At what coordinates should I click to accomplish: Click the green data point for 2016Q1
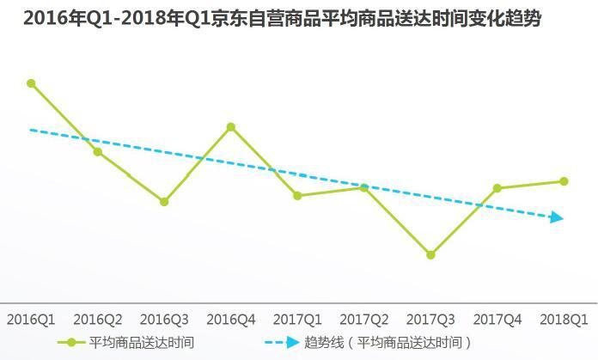pyautogui.click(x=31, y=83)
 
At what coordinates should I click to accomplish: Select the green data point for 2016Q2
pyautogui.click(x=98, y=152)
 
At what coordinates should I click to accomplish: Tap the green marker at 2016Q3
pyautogui.click(x=164, y=202)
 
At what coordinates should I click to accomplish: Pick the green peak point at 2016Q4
pyautogui.click(x=231, y=127)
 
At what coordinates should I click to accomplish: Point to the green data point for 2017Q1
pyautogui.click(x=297, y=196)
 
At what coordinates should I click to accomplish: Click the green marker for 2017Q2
pyautogui.click(x=364, y=187)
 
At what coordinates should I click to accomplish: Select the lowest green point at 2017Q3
pyautogui.click(x=430, y=255)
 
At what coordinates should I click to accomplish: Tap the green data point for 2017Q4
pyautogui.click(x=497, y=188)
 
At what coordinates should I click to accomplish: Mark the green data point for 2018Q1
pyautogui.click(x=564, y=181)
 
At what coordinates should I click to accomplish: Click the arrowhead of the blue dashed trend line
pyautogui.click(x=558, y=218)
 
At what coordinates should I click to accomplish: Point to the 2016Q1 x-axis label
pyautogui.click(x=31, y=320)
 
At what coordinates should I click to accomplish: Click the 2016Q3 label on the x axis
pyautogui.click(x=164, y=320)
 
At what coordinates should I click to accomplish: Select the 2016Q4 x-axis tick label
pyautogui.click(x=231, y=320)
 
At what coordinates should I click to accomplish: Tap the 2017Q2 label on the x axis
pyautogui.click(x=364, y=320)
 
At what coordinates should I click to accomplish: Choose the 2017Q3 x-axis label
pyautogui.click(x=430, y=320)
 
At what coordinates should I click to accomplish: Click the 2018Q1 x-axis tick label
pyautogui.click(x=564, y=320)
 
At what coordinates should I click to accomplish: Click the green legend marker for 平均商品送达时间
pyautogui.click(x=71, y=342)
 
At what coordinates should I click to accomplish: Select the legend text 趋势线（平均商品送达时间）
pyautogui.click(x=388, y=342)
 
